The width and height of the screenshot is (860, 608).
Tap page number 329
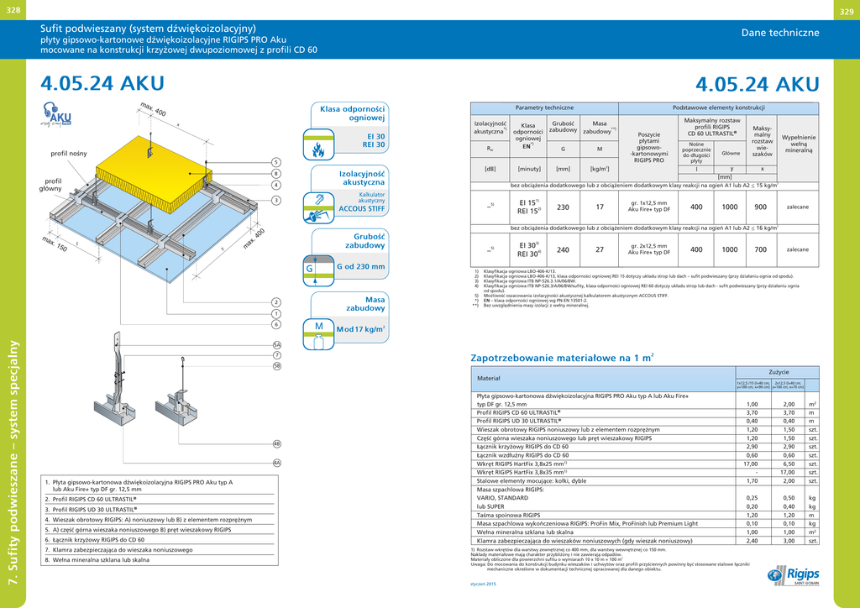click(x=846, y=10)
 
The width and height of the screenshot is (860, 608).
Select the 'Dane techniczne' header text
click(x=780, y=33)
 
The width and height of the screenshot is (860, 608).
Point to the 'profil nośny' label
click(x=68, y=154)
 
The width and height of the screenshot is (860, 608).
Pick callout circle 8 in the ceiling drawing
click(x=275, y=173)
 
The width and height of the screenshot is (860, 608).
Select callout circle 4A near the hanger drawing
click(x=276, y=462)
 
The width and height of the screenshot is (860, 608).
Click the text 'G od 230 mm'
click(x=360, y=267)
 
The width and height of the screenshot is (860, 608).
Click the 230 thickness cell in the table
click(x=563, y=207)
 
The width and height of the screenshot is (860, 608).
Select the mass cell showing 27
click(x=600, y=249)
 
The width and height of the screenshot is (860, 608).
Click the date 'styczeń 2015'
click(x=484, y=584)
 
